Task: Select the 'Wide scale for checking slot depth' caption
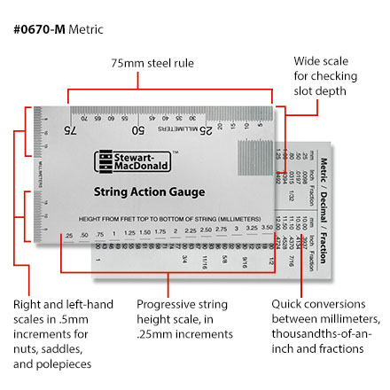click(325, 76)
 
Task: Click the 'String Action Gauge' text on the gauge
click(149, 192)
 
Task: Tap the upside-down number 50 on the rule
click(138, 130)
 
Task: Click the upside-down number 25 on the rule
click(203, 130)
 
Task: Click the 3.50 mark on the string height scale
click(266, 234)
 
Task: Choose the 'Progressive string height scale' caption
click(185, 319)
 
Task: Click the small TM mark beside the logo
click(175, 152)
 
